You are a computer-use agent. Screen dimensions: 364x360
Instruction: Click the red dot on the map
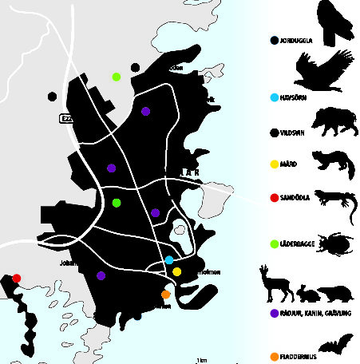[x=17, y=278]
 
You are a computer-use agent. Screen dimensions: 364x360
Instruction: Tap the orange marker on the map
[x=165, y=294]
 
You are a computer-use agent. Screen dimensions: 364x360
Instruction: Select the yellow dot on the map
[x=176, y=272]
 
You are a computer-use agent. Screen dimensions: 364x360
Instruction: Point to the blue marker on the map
[x=169, y=260]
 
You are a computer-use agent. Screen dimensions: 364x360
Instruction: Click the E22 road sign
[x=66, y=118]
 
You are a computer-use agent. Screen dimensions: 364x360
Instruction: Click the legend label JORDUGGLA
[x=297, y=39]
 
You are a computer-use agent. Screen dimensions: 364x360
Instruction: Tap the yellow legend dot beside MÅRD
[x=274, y=164]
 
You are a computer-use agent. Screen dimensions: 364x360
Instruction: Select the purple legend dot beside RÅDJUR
[x=274, y=314]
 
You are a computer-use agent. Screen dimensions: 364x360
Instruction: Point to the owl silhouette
[x=334, y=20]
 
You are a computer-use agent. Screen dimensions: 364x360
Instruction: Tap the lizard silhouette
[x=334, y=204]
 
